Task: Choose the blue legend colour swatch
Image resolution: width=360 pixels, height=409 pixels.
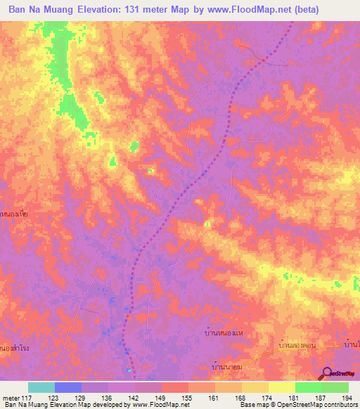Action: tap(68, 387)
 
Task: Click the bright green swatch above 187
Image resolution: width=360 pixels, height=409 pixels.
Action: tap(309, 387)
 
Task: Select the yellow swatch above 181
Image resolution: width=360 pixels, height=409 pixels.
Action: tap(282, 387)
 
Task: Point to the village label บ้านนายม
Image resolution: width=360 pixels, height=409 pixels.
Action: tap(228, 367)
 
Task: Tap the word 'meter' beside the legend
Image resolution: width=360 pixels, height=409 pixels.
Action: tap(11, 397)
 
